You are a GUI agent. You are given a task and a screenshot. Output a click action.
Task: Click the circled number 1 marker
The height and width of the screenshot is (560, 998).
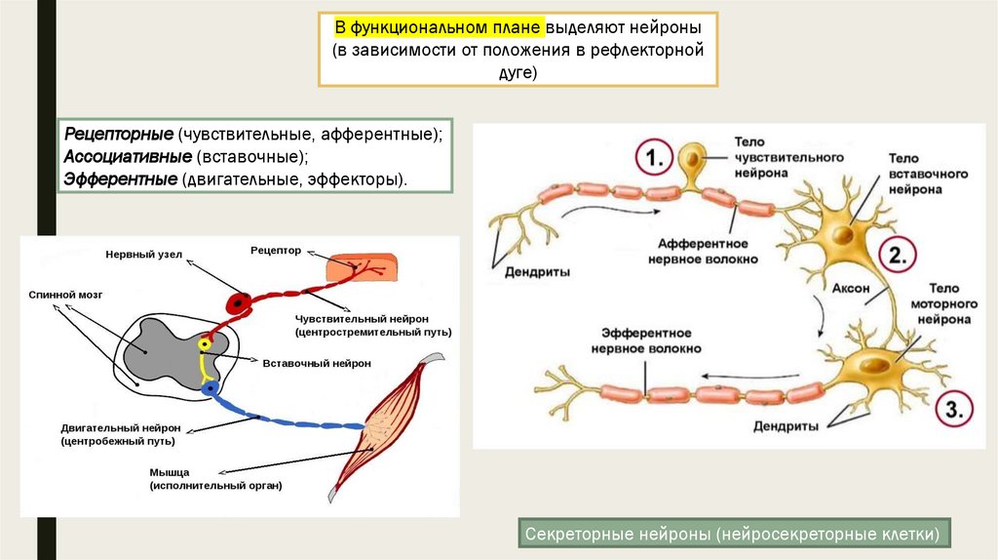pos(653,157)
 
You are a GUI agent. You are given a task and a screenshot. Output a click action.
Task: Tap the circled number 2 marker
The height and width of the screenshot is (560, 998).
pos(897,257)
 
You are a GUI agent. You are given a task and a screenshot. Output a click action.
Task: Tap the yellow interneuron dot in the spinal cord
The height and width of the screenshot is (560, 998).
pos(205,344)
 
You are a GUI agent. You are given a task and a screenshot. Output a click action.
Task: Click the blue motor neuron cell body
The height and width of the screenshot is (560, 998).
pos(209,388)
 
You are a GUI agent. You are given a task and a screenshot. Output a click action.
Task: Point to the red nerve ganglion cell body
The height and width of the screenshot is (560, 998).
pos(236,303)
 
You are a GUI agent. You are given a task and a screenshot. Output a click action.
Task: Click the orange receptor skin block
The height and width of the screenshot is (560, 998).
pos(362,267)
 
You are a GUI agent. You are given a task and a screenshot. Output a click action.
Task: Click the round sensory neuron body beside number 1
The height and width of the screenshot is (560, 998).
pos(694,155)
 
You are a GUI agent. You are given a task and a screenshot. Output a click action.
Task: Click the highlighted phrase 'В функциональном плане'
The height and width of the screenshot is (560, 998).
pos(432,27)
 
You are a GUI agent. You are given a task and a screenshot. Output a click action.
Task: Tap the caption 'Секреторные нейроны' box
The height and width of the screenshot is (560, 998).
pos(731,535)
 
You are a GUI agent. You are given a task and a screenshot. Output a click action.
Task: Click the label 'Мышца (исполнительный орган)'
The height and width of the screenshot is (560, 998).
pos(215,478)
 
